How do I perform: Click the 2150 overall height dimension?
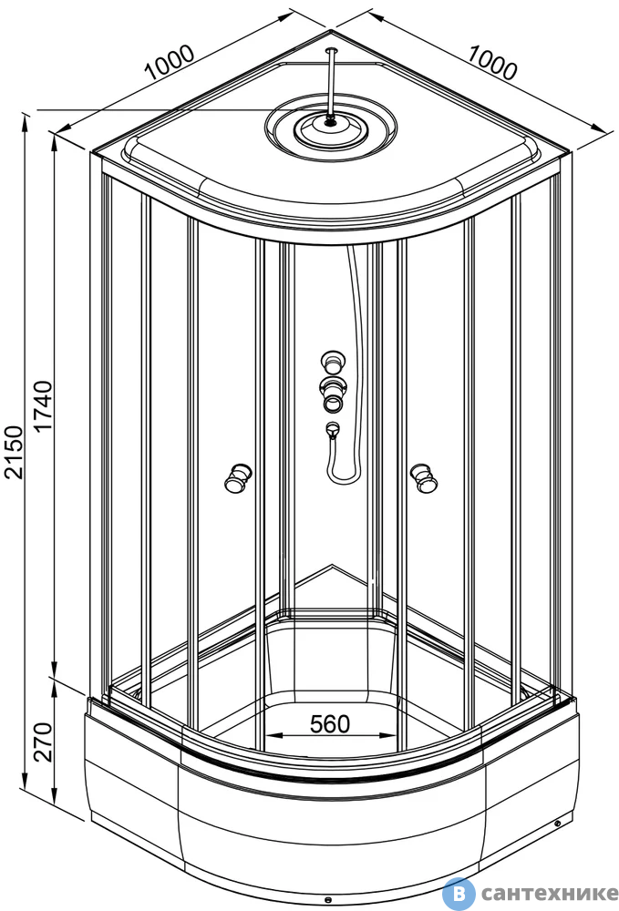14,452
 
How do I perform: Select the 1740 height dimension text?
43,405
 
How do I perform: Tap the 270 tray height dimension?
43,742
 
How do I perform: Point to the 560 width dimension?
330,724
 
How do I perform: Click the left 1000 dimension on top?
170,62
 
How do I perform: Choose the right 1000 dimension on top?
491,64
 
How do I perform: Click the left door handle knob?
238,479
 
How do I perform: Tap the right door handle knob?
424,477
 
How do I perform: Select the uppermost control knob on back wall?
333,362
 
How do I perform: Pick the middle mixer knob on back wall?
333,394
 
